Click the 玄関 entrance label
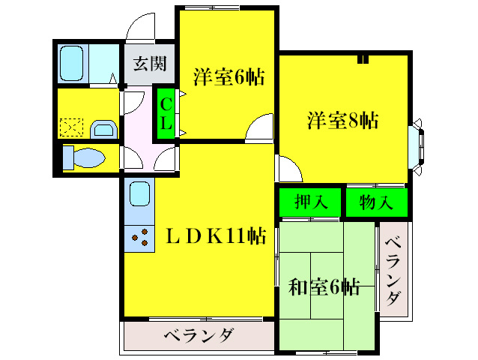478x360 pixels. (x=150, y=64)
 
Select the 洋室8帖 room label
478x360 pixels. (x=342, y=119)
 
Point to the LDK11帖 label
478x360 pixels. (x=215, y=237)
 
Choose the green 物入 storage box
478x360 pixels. (x=375, y=202)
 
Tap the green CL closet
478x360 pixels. (x=166, y=114)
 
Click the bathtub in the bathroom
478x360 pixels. (x=73, y=64)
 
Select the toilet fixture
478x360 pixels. (x=82, y=159)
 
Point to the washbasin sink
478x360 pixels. (x=103, y=130)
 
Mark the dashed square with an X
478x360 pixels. (x=71, y=127)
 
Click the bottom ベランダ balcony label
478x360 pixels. (x=198, y=334)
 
